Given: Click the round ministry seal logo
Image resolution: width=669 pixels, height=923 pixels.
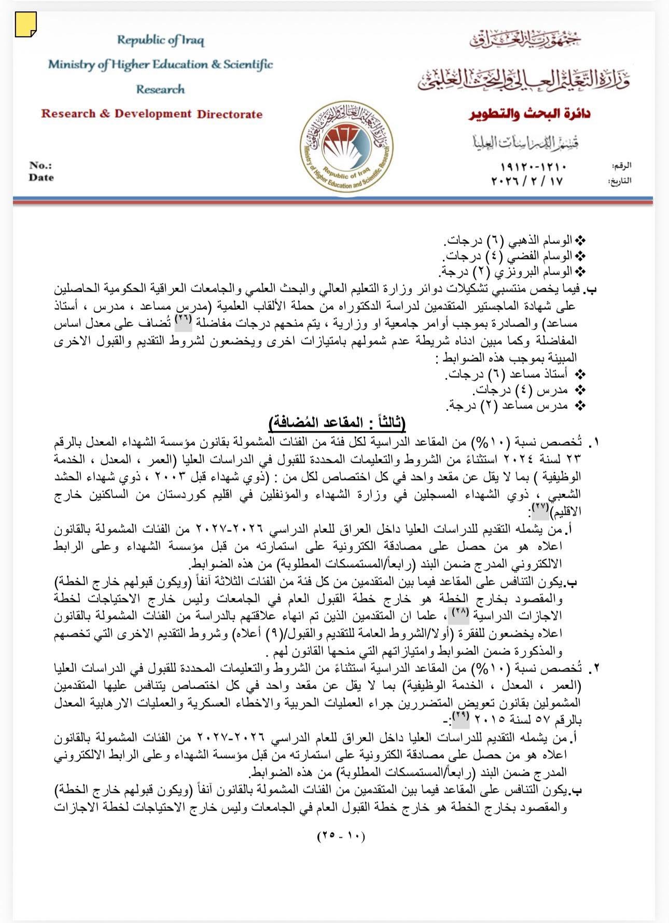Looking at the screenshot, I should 346,147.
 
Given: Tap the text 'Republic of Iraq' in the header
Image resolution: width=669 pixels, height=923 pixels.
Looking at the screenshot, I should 160,40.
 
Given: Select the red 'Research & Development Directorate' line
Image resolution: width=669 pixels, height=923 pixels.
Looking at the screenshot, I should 152,114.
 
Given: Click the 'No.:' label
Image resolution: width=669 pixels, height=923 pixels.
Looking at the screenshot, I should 40,166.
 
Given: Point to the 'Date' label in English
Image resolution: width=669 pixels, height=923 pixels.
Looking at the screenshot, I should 41,177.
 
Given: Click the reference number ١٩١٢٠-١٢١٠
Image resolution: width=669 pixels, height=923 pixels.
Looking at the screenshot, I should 534,167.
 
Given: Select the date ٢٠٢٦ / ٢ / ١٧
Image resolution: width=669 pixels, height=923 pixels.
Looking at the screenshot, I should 527,181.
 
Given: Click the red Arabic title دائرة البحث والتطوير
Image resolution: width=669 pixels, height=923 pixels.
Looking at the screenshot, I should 529,114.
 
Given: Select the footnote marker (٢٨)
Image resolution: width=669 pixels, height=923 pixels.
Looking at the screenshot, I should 459,613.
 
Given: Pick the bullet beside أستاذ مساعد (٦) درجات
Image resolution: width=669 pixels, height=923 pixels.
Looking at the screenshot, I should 581,374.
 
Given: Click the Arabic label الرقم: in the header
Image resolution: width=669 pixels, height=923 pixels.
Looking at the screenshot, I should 622,166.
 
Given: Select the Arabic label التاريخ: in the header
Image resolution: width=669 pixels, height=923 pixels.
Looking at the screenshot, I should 620,182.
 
